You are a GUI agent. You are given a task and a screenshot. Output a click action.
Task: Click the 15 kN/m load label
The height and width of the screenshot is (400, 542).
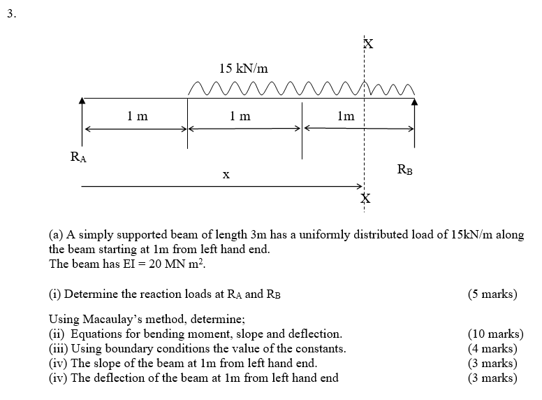243,69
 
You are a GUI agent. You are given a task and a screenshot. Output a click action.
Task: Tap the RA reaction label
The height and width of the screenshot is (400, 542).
79,158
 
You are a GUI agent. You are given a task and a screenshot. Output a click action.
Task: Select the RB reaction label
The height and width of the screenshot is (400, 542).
404,169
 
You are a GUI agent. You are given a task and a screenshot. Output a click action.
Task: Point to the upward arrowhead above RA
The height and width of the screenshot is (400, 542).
82,101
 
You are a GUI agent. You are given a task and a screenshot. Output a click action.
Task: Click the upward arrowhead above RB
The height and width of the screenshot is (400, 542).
416,101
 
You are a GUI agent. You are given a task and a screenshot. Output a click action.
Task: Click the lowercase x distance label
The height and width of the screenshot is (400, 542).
226,176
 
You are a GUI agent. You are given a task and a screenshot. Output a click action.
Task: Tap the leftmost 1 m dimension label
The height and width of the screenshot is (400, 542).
138,117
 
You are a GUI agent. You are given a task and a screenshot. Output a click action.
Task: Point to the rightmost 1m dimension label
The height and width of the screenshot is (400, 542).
345,117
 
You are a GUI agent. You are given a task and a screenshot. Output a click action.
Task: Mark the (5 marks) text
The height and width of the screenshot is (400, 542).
492,294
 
